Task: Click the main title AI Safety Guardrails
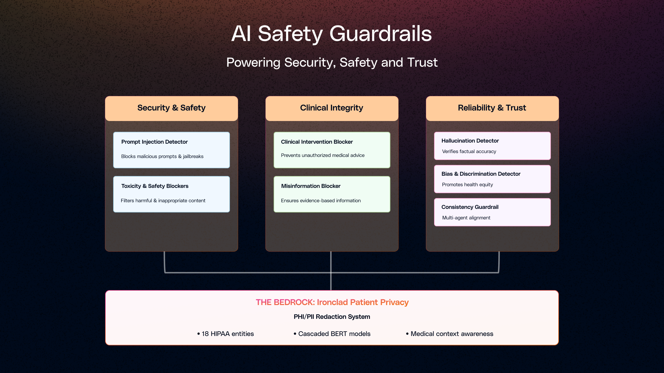tap(331, 34)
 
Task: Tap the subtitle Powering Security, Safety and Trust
tap(332, 62)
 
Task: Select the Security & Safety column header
tap(171, 108)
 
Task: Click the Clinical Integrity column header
tap(331, 108)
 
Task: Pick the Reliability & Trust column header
tap(492, 108)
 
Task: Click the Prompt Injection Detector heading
tap(154, 142)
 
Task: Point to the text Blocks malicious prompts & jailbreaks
tap(162, 156)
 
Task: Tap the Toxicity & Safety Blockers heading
tap(155, 186)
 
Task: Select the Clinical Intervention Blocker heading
tap(317, 142)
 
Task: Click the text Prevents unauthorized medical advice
tap(323, 155)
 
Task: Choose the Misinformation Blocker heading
tap(311, 186)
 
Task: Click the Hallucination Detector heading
tap(470, 141)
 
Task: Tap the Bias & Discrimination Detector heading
tap(481, 174)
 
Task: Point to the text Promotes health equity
tap(467, 185)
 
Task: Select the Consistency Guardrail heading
tap(470, 207)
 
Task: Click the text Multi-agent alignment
tap(466, 218)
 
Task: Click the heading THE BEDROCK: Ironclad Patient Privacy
tap(332, 302)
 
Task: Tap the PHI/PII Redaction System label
tap(332, 317)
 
